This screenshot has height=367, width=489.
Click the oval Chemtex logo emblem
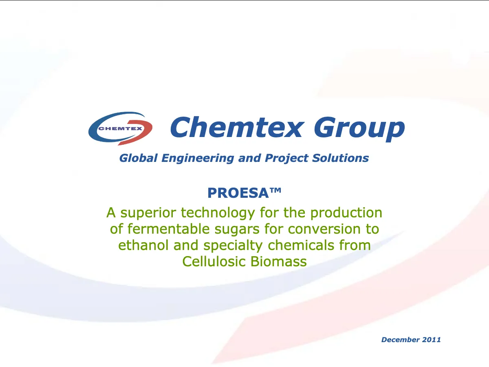click(120, 128)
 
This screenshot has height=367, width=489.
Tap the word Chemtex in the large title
click(237, 128)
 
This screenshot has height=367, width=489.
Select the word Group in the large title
click(359, 129)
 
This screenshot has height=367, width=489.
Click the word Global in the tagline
click(138, 158)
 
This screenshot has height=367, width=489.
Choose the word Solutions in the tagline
click(340, 158)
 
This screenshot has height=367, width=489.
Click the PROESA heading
click(238, 193)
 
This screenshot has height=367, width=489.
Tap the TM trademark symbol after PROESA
click(275, 190)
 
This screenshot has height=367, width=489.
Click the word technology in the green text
click(218, 213)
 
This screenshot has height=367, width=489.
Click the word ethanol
click(143, 245)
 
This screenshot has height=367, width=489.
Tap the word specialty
click(233, 246)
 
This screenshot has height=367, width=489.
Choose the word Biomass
click(278, 261)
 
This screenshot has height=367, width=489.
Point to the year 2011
click(431, 340)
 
